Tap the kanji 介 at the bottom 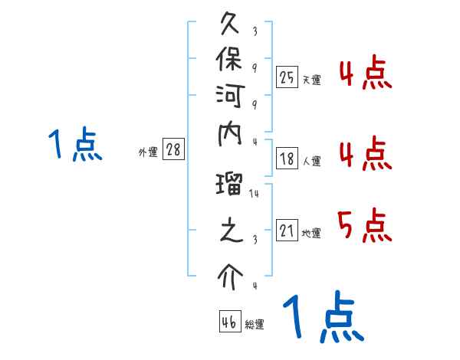coord(231,276)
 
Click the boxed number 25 coord(287,77)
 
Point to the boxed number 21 coord(287,230)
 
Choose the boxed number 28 coord(173,150)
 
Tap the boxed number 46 coord(229,322)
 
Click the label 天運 coord(312,80)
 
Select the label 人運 coord(312,162)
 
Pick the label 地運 coord(312,233)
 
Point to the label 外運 coord(148,152)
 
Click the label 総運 coord(255,325)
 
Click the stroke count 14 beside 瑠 coord(255,194)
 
